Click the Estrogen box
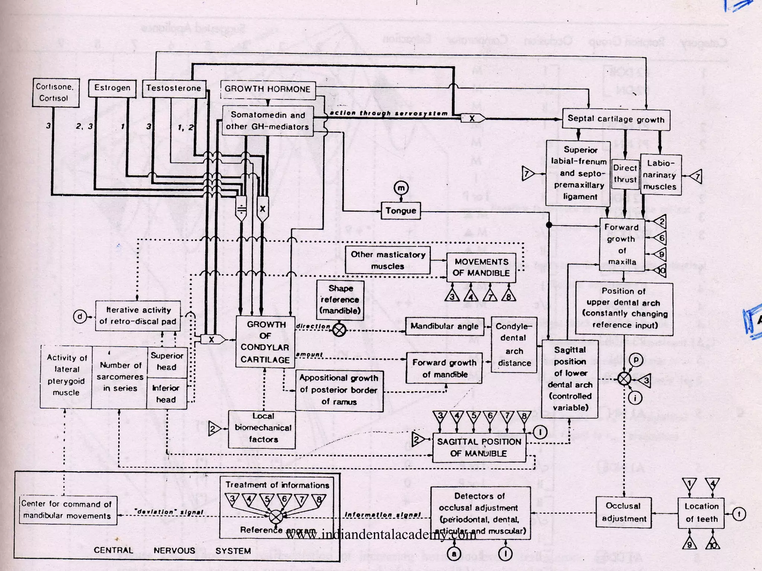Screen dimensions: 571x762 [112, 88]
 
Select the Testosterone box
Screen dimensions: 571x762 [174, 88]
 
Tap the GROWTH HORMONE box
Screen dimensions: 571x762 [268, 89]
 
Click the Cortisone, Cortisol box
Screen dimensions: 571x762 [55, 93]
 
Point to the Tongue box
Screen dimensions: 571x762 [401, 211]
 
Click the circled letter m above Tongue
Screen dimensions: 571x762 [401, 188]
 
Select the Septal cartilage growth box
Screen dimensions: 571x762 [616, 119]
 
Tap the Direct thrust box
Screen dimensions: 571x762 [625, 174]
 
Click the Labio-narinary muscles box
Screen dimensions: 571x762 [660, 175]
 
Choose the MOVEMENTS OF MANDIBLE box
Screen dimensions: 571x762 [481, 267]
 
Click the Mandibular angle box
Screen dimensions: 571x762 [444, 326]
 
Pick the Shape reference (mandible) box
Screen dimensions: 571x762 [340, 300]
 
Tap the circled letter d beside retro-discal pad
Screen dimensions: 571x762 [80, 317]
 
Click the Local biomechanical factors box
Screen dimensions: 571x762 [262, 428]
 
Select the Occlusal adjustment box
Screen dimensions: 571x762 [624, 512]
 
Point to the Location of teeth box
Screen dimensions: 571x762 [701, 513]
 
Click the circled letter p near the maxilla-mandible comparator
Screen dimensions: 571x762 [636, 360]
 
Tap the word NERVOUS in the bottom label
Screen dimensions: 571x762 [174, 551]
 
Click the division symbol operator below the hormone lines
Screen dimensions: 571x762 [241, 209]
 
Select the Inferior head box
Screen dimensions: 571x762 [166, 394]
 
